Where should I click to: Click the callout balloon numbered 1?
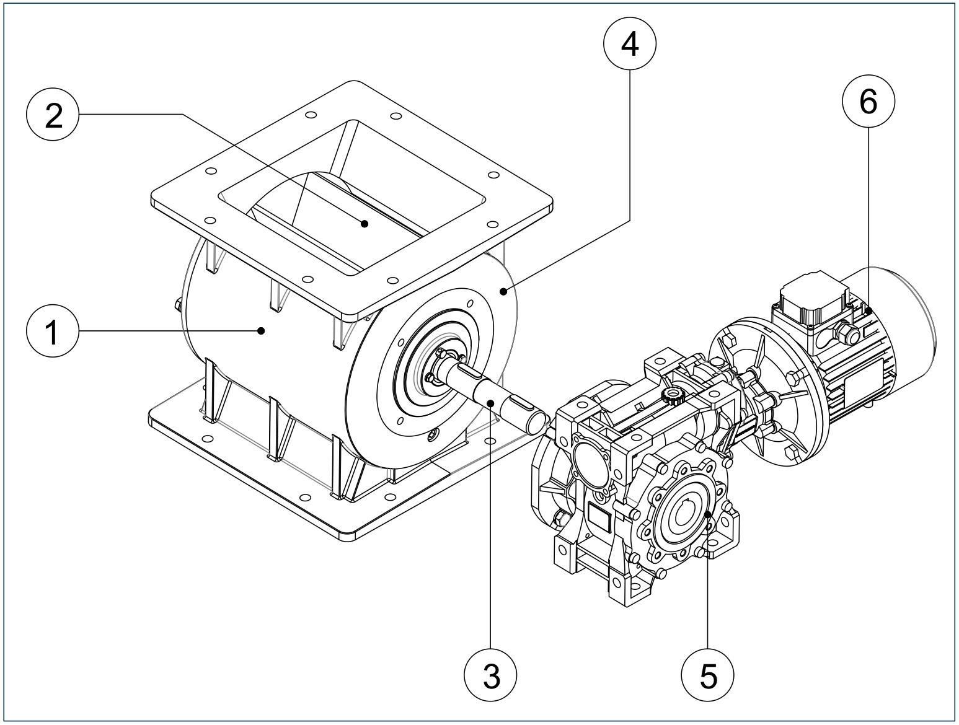coord(53,332)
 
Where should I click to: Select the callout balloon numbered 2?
coord(54,115)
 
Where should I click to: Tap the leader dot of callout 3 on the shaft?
coord(490,403)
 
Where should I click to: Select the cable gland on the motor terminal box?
coord(845,335)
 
